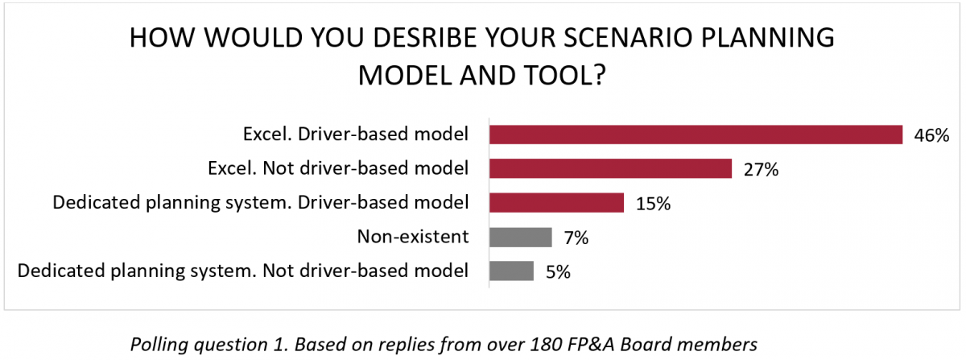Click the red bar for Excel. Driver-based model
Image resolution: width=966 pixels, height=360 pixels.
696,134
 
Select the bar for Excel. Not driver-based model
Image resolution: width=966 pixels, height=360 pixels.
610,169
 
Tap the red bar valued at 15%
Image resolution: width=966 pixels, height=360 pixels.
556,203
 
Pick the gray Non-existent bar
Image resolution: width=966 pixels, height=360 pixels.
521,238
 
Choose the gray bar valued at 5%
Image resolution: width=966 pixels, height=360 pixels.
511,271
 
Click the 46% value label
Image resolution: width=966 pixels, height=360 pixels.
931,135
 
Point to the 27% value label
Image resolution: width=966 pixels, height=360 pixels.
762,170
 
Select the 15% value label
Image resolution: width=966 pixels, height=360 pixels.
654,204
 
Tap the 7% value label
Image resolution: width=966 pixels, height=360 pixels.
576,238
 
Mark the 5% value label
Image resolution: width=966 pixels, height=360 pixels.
558,272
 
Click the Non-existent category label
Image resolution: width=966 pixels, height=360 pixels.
413,237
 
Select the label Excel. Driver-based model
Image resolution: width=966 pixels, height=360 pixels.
356,134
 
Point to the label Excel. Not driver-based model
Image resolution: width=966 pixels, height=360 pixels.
338,168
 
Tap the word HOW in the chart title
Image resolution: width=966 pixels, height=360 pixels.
162,38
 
